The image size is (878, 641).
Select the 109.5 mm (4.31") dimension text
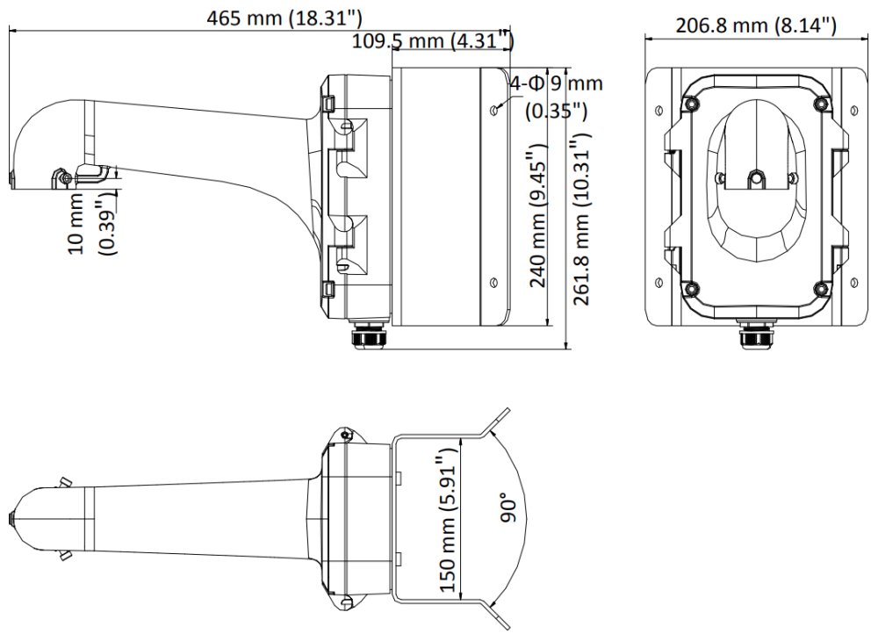(432, 40)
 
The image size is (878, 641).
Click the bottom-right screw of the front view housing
(820, 287)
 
